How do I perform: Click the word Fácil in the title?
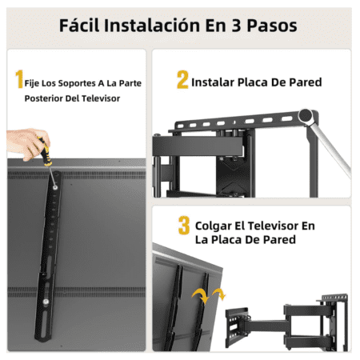79,26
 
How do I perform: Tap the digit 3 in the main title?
236,26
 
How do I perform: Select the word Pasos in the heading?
272,26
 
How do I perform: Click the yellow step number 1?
19,79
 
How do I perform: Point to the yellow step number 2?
182,79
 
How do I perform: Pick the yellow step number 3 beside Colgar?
184,226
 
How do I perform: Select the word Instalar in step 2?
213,82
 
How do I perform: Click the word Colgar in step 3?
214,226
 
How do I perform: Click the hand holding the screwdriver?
27,144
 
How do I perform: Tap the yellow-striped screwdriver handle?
45,151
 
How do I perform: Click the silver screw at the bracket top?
55,188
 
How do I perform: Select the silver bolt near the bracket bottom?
46,302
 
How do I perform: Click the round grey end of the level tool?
306,116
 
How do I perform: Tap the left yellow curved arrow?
201,296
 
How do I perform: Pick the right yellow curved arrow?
219,294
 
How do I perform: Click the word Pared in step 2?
306,82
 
